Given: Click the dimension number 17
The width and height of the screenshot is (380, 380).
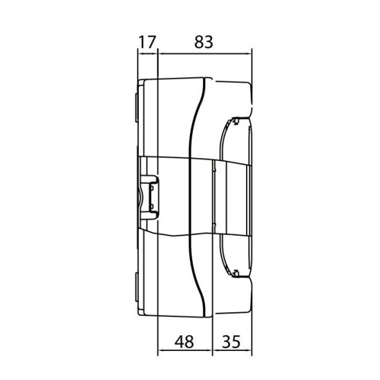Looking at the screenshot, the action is (x=147, y=42).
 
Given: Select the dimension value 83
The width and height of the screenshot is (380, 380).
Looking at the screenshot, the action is (x=204, y=42).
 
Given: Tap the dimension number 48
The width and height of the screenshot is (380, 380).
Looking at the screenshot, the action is (x=184, y=342).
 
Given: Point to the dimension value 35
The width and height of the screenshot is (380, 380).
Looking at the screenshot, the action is (x=231, y=342).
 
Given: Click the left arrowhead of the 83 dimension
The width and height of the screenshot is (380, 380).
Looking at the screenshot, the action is (x=161, y=54).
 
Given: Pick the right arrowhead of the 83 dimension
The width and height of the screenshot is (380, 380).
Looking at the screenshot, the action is (x=249, y=54).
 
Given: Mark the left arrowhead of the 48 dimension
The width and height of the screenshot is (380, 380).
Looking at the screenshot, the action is (x=161, y=350).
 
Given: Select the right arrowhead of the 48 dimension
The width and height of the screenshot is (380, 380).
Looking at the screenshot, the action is (x=209, y=350).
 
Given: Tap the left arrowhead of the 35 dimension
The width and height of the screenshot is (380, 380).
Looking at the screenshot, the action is (x=216, y=350).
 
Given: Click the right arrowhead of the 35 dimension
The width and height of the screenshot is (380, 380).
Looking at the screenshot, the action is (x=249, y=350).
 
